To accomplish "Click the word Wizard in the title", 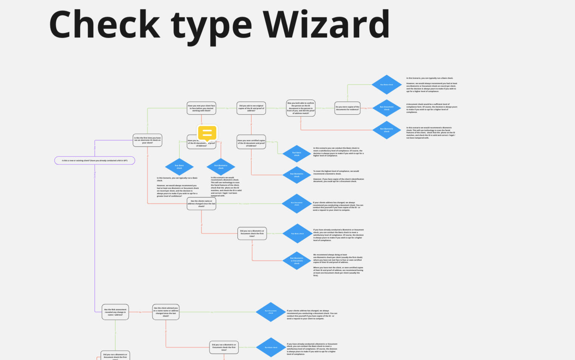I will (326, 25).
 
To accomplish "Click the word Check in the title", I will (104, 25).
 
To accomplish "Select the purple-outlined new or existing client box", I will (95, 160).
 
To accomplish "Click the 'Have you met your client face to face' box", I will (201, 108).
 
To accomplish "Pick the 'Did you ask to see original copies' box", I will (251, 108).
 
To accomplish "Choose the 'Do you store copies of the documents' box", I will (347, 108).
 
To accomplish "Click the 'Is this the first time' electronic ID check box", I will (147, 140).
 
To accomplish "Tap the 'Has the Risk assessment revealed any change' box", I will (115, 312).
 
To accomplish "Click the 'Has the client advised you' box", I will (166, 312).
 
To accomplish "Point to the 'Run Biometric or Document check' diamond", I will (297, 261).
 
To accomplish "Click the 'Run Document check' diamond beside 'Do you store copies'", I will (386, 108).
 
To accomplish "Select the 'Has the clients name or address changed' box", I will (201, 204).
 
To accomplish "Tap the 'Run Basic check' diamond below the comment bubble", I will (179, 167).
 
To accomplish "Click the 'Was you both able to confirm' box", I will (301, 108).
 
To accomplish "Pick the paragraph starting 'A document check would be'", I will (431, 108).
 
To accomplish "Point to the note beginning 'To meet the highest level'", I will (338, 176).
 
